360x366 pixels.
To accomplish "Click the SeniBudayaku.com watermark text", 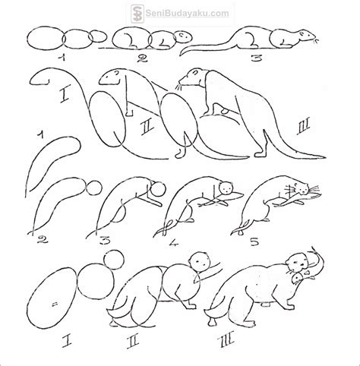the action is (187, 13).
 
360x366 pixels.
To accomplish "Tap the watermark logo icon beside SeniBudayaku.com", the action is (137, 13).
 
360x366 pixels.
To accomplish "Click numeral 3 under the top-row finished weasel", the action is (256, 58).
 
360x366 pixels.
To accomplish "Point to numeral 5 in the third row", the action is (254, 242).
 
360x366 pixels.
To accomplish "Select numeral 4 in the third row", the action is (174, 242).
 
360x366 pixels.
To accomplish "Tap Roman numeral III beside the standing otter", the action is (302, 127).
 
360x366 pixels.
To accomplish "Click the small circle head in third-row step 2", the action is (94, 188).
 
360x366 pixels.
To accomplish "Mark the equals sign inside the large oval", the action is (54, 304).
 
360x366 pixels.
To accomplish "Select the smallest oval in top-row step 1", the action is (98, 36).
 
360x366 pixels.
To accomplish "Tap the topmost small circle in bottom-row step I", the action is (114, 260).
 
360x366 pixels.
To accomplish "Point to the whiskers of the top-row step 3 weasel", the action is (315, 40).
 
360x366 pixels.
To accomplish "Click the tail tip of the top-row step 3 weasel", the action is (181, 54).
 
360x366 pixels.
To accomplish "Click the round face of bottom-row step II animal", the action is (200, 262).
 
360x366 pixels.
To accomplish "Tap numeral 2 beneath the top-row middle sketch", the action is (142, 58).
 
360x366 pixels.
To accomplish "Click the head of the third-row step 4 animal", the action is (226, 188).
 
